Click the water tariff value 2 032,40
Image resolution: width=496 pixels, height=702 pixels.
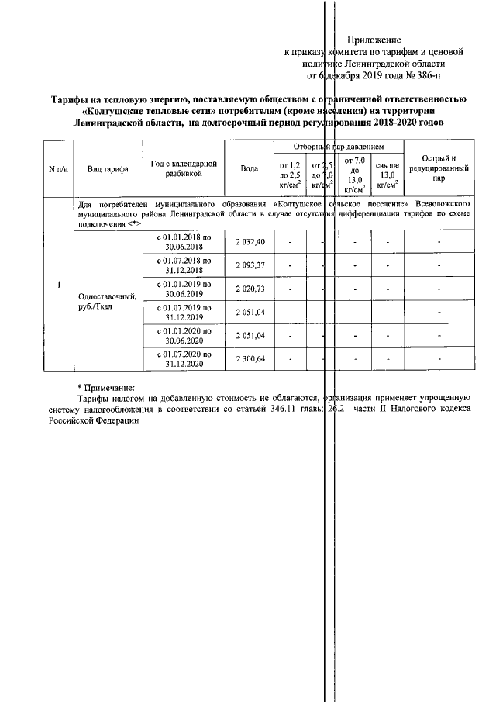click(x=250, y=242)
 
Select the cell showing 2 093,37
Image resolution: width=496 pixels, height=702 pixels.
click(x=250, y=265)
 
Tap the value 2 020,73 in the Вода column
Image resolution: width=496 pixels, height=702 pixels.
click(x=250, y=289)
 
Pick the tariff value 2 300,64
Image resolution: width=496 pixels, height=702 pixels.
click(x=250, y=358)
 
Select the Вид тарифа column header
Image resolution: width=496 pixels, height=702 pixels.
click(x=108, y=168)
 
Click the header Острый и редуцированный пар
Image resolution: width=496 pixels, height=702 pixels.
click(x=438, y=168)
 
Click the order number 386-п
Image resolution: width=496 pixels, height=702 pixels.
click(x=418, y=75)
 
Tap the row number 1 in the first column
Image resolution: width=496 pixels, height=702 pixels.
click(x=59, y=283)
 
